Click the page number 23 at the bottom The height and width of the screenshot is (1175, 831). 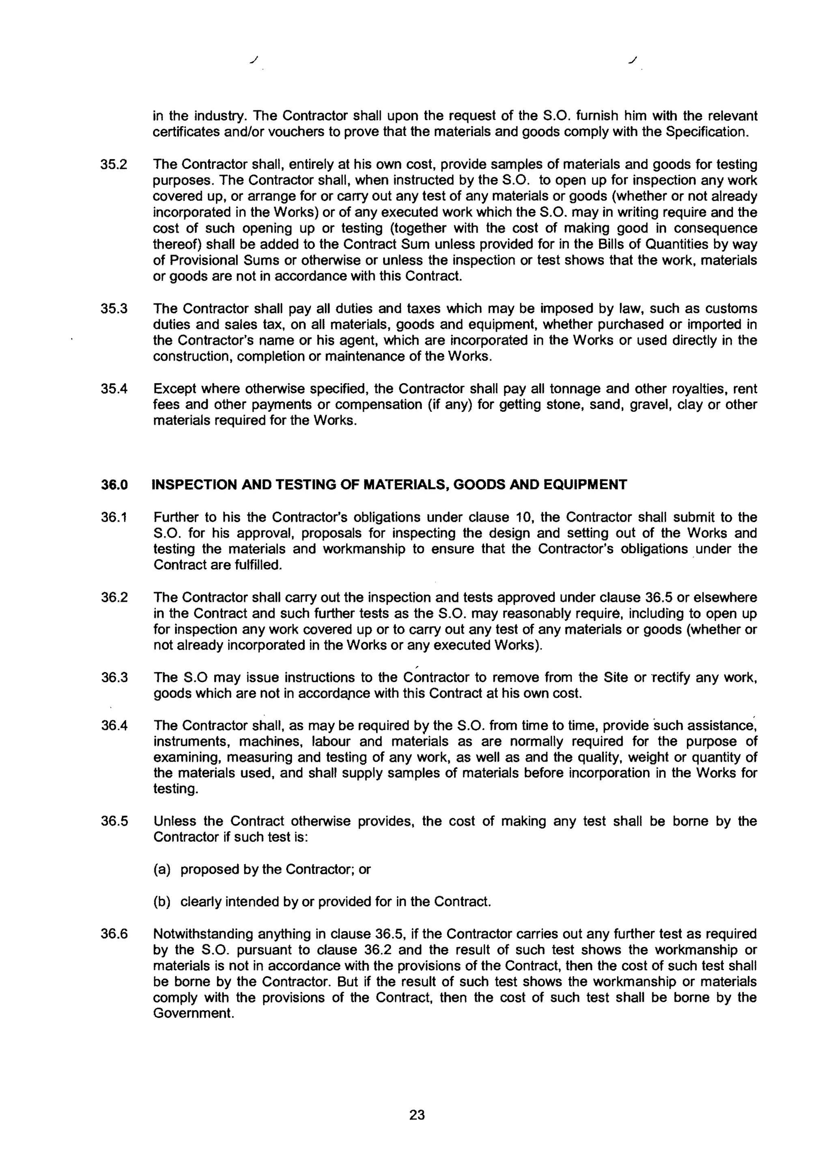pos(417,1115)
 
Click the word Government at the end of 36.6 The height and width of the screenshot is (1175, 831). pos(193,1013)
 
